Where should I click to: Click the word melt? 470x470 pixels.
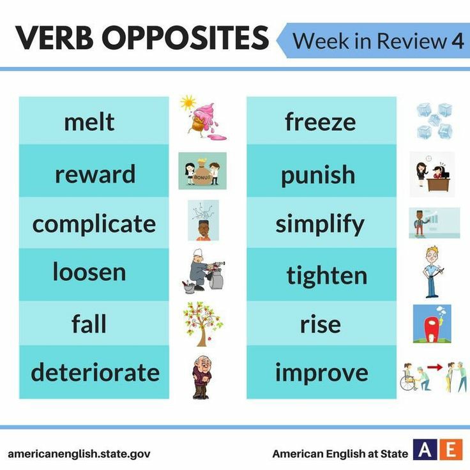(89, 121)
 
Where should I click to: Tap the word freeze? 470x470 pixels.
(320, 121)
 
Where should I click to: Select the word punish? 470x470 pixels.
(317, 174)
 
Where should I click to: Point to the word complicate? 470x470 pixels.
(94, 224)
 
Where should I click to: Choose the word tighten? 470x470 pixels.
(326, 275)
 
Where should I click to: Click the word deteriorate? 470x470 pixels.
(95, 372)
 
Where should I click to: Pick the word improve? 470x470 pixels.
(321, 372)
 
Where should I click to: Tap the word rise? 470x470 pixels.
(321, 324)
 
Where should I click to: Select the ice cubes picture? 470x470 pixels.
(435, 121)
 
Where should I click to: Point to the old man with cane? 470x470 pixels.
(201, 377)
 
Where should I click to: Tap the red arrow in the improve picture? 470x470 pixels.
(435, 367)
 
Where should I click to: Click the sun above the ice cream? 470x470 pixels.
(188, 102)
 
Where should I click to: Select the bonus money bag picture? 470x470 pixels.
(202, 171)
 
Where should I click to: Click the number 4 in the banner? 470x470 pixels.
(457, 41)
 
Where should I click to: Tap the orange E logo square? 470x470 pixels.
(451, 450)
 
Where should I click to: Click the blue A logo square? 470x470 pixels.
(425, 450)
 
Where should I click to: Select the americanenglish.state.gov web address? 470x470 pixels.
(79, 454)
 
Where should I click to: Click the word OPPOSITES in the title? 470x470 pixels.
(185, 38)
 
